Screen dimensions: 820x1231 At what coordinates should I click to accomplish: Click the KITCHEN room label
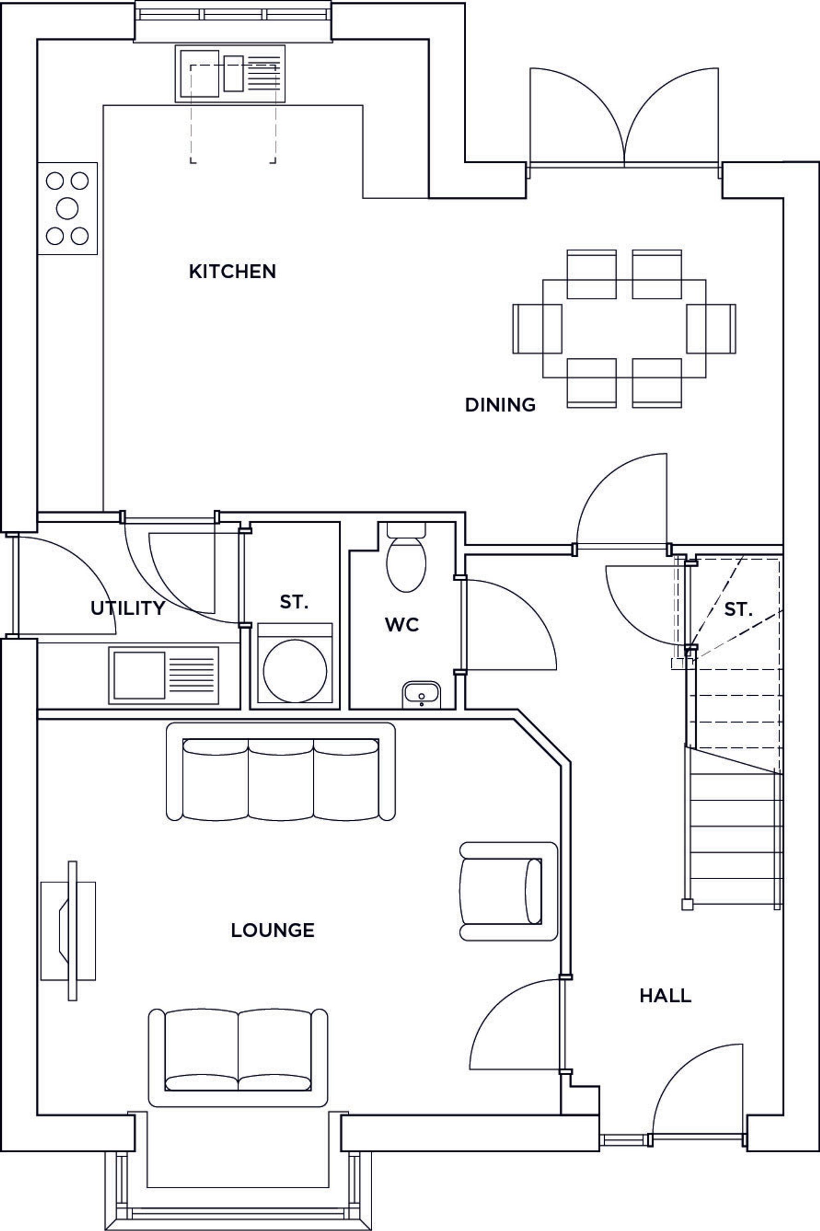tap(232, 271)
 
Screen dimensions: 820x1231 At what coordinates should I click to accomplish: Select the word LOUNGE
tap(273, 930)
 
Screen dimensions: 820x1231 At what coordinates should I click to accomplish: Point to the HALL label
tap(665, 996)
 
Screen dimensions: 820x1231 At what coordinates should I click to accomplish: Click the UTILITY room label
tap(128, 608)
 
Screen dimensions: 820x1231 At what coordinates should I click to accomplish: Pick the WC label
tap(402, 624)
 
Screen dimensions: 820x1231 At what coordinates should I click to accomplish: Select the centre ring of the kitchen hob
tap(68, 209)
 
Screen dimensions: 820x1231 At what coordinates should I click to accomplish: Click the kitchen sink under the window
tap(230, 74)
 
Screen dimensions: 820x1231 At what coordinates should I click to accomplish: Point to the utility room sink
tap(164, 676)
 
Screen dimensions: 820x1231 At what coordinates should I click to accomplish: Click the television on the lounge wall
tap(72, 931)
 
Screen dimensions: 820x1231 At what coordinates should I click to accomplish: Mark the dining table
tap(624, 329)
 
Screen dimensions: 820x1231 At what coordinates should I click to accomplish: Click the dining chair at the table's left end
tap(537, 329)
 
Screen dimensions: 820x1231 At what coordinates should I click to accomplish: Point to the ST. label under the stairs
tap(738, 609)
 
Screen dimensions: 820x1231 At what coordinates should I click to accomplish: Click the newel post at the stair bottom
tap(688, 905)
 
